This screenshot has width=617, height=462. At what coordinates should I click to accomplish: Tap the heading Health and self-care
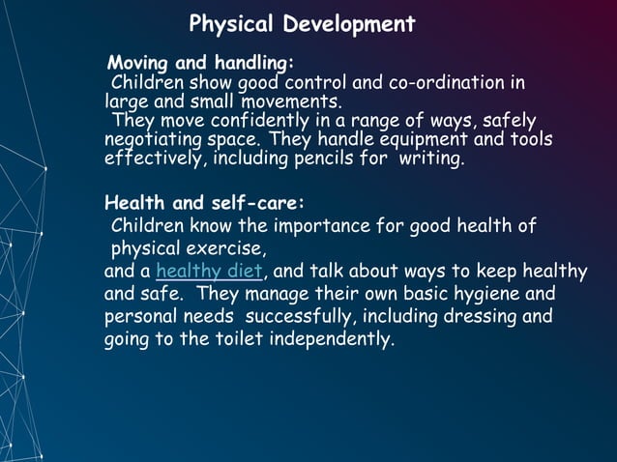coord(204,204)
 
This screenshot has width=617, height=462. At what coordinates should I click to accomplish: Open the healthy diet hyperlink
coord(209,271)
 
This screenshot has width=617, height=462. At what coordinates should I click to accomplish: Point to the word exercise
coord(225,249)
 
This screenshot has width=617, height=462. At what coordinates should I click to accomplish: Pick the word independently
coord(334,340)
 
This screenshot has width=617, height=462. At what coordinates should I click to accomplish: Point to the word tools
coord(532,140)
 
